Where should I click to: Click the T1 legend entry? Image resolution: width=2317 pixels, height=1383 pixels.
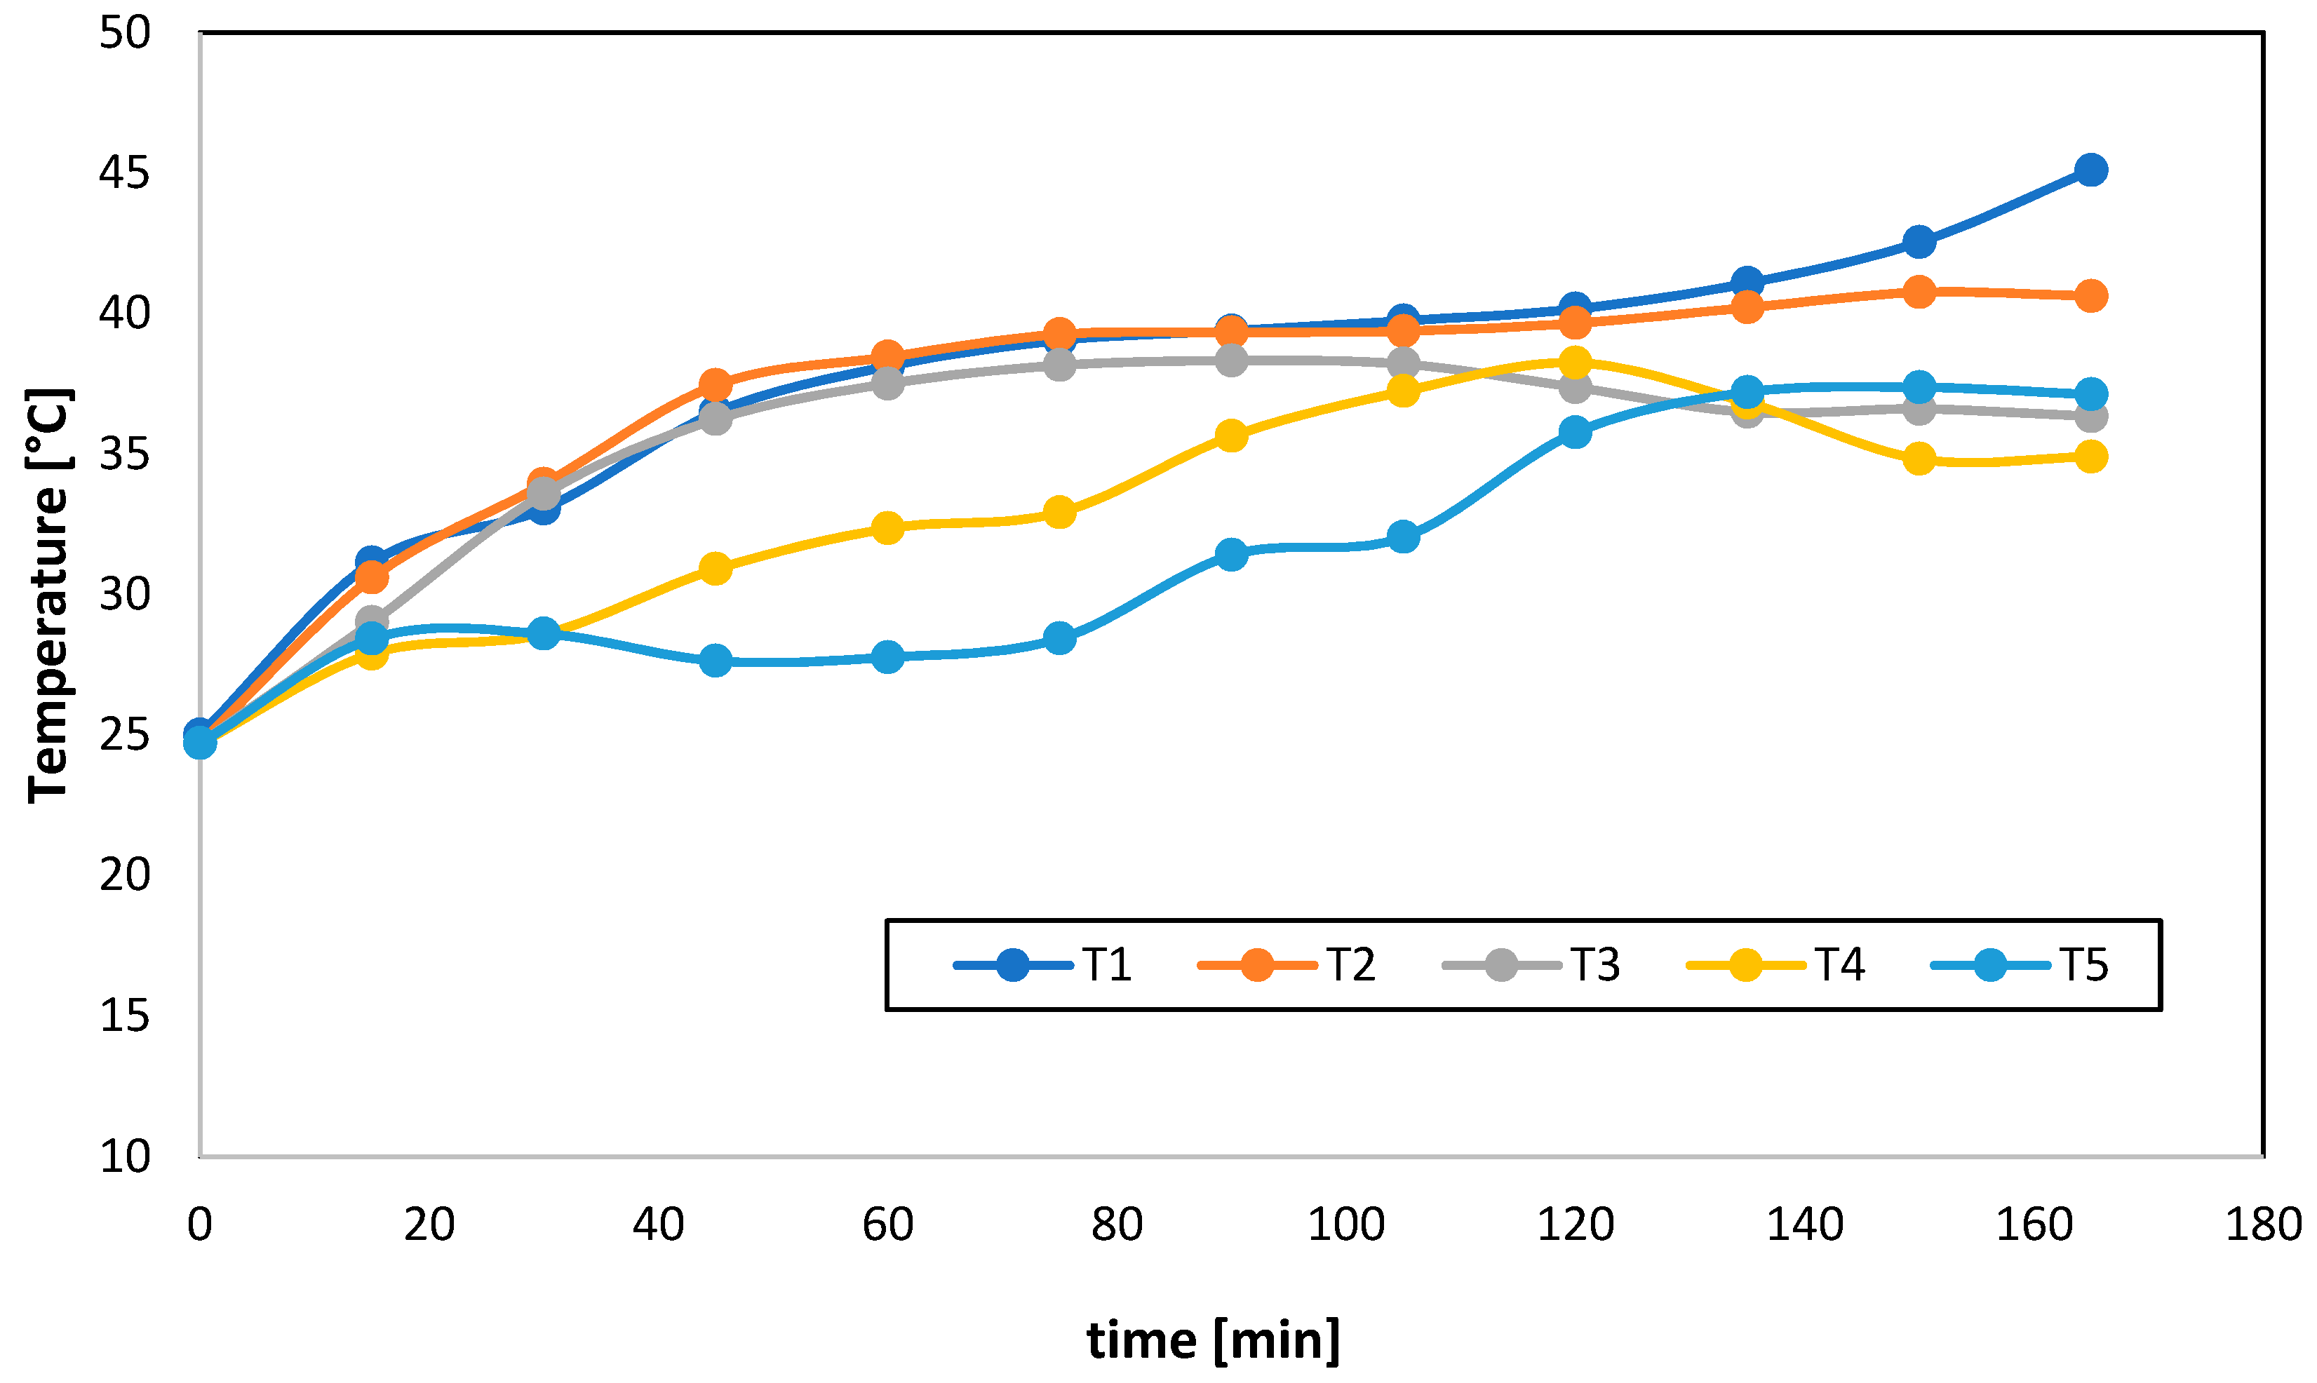point(1044,964)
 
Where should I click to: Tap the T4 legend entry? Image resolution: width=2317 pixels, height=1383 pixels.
point(1776,964)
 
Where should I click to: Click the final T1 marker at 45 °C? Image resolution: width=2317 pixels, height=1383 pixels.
point(2090,170)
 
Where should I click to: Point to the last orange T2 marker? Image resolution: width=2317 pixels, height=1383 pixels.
point(2090,295)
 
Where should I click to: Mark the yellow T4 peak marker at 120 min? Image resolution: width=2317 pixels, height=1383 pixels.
point(1575,362)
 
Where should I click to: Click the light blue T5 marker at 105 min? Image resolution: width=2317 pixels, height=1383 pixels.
point(1404,537)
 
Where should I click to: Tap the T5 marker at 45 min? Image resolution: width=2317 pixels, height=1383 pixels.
point(716,661)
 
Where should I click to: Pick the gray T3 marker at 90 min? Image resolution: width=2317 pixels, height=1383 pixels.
point(1231,360)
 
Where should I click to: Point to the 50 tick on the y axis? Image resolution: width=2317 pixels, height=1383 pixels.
point(125,34)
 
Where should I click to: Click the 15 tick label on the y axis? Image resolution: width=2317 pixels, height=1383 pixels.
point(125,1016)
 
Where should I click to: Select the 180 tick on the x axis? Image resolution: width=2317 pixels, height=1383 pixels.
point(2263,1225)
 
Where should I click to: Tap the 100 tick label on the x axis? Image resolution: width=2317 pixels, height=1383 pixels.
point(1346,1225)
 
